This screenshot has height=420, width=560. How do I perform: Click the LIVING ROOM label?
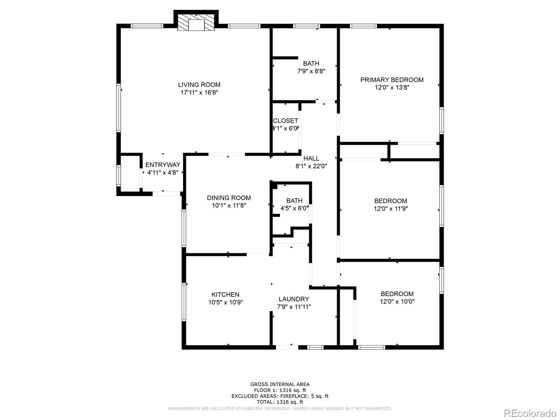(199, 85)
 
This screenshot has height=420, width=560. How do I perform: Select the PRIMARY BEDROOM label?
(392, 80)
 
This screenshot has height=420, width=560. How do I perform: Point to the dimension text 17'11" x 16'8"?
(199, 92)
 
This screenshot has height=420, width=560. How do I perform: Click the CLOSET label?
(286, 121)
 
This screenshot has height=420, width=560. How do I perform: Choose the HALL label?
(311, 158)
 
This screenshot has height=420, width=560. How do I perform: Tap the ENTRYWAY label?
(163, 165)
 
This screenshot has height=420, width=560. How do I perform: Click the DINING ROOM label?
(229, 198)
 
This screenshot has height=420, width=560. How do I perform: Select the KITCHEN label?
(225, 295)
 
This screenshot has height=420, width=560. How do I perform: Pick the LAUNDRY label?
(294, 299)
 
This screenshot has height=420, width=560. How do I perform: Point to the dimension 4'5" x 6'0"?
(294, 208)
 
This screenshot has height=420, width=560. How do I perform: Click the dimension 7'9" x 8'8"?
(311, 71)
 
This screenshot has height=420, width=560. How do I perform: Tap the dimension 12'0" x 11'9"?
(391, 209)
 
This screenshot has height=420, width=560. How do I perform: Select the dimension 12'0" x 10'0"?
(397, 301)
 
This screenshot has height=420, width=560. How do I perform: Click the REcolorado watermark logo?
(530, 413)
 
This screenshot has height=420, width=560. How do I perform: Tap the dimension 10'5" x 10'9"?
(225, 302)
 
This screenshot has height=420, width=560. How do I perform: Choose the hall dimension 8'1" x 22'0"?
(311, 166)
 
